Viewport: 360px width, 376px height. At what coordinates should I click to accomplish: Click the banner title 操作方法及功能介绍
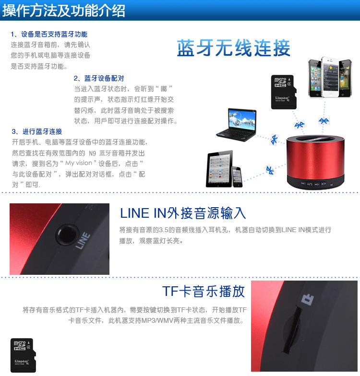click(63, 11)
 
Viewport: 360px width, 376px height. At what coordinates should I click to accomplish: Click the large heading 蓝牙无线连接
click(233, 48)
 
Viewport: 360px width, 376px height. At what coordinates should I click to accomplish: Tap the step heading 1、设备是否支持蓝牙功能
click(49, 35)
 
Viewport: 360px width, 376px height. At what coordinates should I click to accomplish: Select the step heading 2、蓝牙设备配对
click(99, 79)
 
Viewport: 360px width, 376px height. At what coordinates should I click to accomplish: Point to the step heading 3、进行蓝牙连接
click(37, 131)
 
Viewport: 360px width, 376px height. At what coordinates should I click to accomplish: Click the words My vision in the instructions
click(79, 163)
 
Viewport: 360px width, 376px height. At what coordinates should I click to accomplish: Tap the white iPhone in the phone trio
click(330, 77)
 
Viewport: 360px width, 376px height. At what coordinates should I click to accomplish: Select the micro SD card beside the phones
click(284, 92)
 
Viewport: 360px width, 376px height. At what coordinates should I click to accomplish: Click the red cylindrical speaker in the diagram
click(316, 162)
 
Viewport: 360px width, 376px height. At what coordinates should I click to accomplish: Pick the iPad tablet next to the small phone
click(220, 169)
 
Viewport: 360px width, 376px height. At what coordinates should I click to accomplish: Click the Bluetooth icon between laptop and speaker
click(274, 139)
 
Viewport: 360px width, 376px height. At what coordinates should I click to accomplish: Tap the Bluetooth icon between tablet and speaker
click(270, 170)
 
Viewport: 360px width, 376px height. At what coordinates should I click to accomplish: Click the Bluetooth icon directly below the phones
click(324, 121)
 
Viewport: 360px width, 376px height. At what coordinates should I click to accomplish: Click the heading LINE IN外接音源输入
click(183, 213)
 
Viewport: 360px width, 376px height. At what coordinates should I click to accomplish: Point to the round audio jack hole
click(67, 234)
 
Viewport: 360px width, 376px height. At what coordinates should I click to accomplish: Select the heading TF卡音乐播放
click(204, 292)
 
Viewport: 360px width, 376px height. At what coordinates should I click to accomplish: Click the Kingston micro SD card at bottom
click(23, 355)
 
